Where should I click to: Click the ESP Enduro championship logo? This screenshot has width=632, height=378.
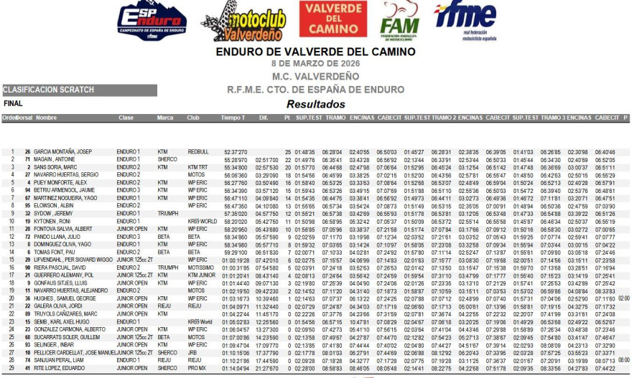point(151,21)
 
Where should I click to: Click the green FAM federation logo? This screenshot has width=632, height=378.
point(399,22)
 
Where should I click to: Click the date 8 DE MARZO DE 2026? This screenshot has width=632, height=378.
point(315,65)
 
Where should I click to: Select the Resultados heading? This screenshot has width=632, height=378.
point(316,104)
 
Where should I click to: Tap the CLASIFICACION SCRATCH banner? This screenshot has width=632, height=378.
point(49,90)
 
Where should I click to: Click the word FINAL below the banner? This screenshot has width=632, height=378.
point(14,104)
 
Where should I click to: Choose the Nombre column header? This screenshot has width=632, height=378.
point(46,118)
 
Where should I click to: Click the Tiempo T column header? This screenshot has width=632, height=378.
point(233,118)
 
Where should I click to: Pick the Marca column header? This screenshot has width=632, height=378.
point(165,118)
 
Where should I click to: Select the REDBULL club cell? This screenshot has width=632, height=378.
point(198,152)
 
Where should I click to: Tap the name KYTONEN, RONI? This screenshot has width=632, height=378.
point(55,221)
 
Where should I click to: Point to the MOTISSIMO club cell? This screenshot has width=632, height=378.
point(201,267)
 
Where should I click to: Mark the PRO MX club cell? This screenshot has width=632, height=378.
point(197,367)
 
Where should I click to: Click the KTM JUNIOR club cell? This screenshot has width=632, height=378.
point(202,275)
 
